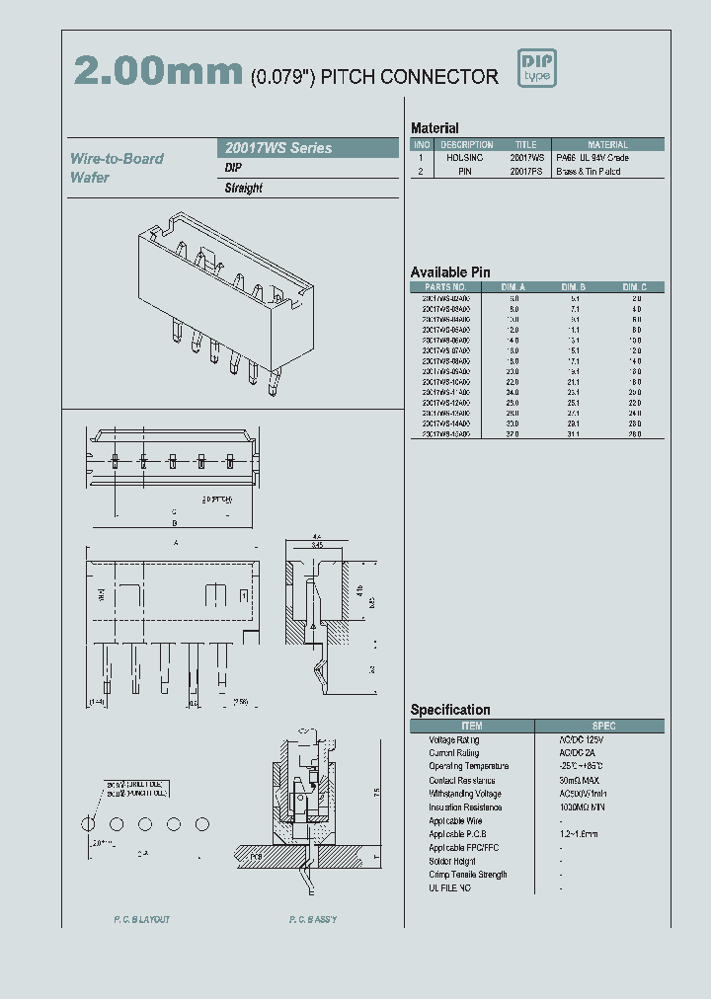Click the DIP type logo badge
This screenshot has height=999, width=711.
537,68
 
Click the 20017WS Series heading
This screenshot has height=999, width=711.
275,148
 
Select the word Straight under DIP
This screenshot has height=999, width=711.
243,188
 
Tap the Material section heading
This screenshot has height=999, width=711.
434,128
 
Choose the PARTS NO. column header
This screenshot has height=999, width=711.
445,286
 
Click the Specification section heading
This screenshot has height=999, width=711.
450,710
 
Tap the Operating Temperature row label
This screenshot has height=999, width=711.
468,766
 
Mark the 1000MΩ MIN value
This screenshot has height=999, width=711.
584,807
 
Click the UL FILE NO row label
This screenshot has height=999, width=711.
449,888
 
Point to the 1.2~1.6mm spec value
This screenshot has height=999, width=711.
579,834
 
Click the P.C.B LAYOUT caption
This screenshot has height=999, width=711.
141,920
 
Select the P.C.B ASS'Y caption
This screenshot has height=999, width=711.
313,920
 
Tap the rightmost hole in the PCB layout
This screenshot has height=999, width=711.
202,822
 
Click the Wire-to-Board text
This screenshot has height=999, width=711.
117,159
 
